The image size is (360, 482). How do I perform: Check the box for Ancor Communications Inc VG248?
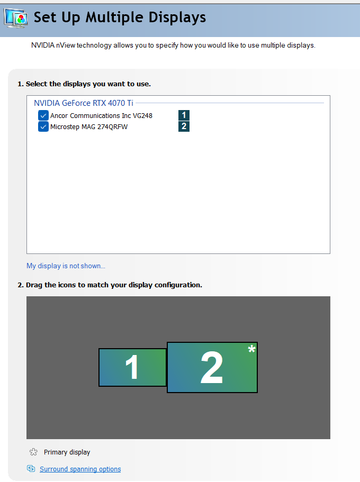point(43,115)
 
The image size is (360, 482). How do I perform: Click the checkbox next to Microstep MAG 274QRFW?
point(43,126)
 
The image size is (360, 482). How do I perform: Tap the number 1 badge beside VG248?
point(184,115)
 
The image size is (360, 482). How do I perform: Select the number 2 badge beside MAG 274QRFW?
point(184,126)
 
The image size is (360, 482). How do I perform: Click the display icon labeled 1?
point(132,367)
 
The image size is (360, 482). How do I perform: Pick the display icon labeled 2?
point(212,367)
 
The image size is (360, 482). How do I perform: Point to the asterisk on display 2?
point(251,349)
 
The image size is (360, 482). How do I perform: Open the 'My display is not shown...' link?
point(66,266)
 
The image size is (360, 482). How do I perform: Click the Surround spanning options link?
point(80,469)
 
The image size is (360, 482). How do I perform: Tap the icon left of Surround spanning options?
point(31,468)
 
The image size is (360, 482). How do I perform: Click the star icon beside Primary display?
point(33,452)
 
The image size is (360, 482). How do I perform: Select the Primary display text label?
point(67,452)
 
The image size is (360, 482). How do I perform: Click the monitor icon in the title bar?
point(16,19)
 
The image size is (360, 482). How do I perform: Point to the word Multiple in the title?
point(115,17)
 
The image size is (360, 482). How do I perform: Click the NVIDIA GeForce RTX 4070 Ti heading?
point(84,103)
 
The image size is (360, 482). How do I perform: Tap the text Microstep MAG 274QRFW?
point(89,126)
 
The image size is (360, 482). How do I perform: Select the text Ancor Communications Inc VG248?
point(101,115)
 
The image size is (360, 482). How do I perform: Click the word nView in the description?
point(66,45)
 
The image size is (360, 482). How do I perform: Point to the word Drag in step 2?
point(34,285)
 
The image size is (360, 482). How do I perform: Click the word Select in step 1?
point(37,84)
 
